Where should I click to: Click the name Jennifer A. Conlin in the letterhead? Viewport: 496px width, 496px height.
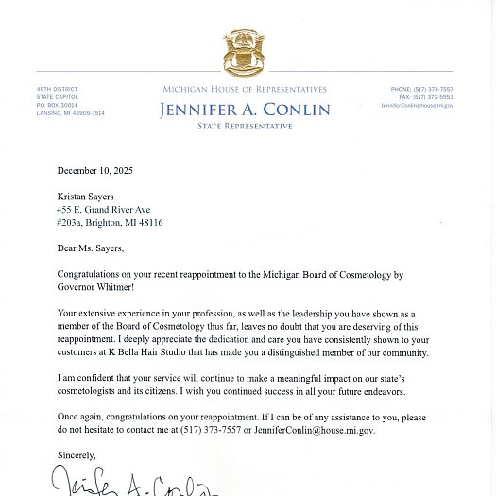(x=245, y=110)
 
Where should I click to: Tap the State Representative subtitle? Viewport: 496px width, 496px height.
(x=245, y=127)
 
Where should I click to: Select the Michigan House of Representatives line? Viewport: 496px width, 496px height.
(x=245, y=90)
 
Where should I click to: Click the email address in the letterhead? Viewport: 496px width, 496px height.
(x=417, y=106)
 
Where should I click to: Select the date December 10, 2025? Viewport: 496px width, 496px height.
(x=94, y=171)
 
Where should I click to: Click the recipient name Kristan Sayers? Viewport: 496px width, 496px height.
(x=89, y=197)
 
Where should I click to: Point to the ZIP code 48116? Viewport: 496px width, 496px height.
(x=149, y=223)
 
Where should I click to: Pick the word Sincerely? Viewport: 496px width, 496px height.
(x=77, y=455)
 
